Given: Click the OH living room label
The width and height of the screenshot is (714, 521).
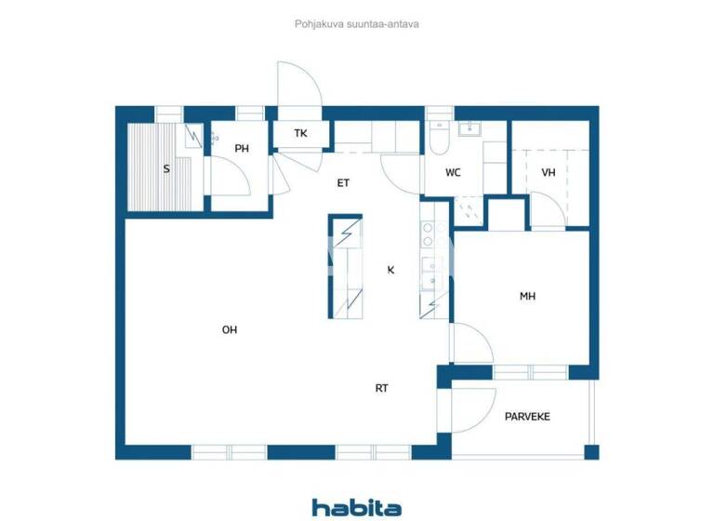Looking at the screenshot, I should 229,329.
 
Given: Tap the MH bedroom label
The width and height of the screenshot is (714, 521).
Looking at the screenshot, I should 527,297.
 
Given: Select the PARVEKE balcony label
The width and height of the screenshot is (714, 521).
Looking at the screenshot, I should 527,417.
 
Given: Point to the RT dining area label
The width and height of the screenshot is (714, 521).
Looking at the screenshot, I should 381,389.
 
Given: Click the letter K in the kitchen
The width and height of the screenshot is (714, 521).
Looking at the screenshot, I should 391,270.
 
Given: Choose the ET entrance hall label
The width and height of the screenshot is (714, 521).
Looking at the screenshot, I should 343,183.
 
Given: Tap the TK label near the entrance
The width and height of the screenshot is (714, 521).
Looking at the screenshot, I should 300,134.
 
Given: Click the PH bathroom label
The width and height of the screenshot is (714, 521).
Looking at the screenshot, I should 242,149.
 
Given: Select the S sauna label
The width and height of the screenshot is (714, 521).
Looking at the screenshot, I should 166,169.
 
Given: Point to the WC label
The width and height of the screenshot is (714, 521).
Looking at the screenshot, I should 453,173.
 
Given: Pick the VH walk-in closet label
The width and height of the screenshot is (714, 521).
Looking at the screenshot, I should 549,172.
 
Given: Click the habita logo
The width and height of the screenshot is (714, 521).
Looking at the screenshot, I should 357,507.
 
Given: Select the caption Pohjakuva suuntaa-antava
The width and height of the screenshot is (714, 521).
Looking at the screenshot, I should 357,25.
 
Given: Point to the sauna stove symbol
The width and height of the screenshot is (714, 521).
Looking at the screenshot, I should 193,136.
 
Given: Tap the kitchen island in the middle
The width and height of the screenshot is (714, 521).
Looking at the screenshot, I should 344,267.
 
